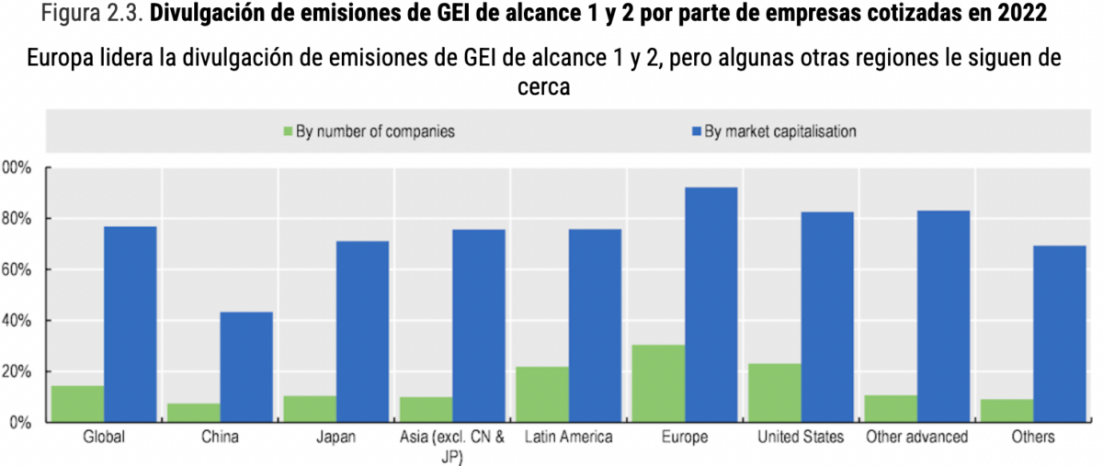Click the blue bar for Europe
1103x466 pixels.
pos(711,305)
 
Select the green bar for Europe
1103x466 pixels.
pos(658,384)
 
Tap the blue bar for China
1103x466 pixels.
pos(246,368)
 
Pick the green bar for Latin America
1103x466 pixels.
pos(542,395)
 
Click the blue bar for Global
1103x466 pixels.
pos(130,324)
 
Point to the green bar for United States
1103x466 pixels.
pos(774,393)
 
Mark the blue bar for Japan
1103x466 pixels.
pos(362,332)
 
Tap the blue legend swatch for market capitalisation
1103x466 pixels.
pos(695,131)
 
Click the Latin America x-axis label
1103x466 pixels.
pos(567,438)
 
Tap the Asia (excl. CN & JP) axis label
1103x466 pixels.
pos(451,445)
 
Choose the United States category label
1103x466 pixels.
pos(800,438)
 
